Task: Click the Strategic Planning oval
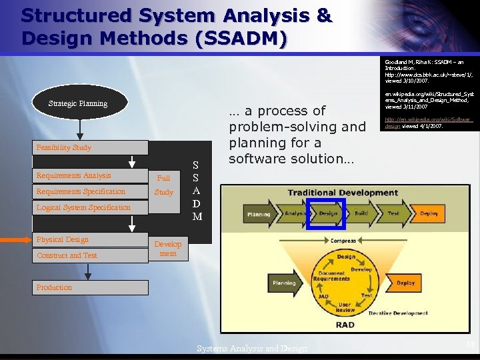coord(79,103)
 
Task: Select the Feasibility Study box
coord(90,147)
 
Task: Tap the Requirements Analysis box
coord(90,176)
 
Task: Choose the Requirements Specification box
coord(90,191)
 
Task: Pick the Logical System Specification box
coord(90,207)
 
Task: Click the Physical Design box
coord(90,239)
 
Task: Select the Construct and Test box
coord(90,255)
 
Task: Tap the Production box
coord(90,287)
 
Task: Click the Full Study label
coord(163,185)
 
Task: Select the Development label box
coord(168,249)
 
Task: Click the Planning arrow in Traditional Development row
coord(259,214)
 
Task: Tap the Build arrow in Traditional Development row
coord(361,214)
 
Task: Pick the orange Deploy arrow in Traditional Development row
coord(428,214)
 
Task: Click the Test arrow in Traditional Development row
coord(393,214)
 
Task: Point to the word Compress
coord(343,241)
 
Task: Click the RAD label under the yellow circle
coord(345,325)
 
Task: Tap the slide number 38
coord(470,345)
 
